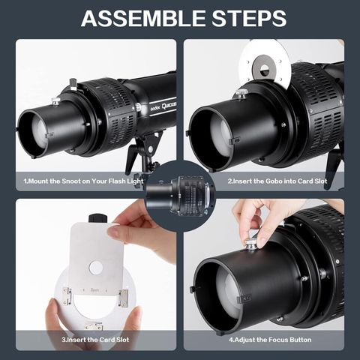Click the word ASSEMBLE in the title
coord(144,18)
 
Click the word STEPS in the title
coord(249,18)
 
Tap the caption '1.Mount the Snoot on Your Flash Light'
coord(83,181)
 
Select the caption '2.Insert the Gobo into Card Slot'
coord(277,181)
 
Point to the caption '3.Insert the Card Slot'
coord(95,340)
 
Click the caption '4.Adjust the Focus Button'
coord(270,340)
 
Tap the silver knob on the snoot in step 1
coord(56,101)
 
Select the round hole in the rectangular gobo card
coord(96,268)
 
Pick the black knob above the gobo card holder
coord(98,217)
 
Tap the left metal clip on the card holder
coord(67,295)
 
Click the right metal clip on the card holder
coord(124,298)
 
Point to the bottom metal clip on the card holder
coord(94,326)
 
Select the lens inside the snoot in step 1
coord(40,132)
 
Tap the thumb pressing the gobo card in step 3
coord(117,233)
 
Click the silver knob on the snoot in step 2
coord(241,94)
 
